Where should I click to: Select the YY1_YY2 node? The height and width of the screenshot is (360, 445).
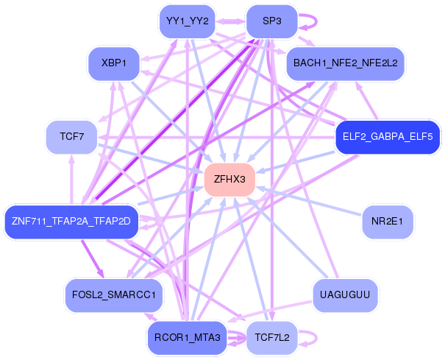coord(188,21)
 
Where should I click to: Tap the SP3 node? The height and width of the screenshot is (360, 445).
coord(271,21)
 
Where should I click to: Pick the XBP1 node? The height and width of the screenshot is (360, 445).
coord(115,63)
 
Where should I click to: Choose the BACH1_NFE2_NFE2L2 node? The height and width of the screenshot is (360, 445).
coord(345,63)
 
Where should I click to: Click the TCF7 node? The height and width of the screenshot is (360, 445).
coord(71,137)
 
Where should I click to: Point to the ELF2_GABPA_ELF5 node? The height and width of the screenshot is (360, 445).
coord(387,137)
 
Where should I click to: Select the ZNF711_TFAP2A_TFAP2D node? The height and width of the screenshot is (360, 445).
coord(71,222)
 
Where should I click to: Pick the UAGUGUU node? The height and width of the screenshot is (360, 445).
coord(345,295)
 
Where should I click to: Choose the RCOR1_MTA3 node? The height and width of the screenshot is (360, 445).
coord(187,338)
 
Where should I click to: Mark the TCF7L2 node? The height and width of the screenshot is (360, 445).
coord(271,338)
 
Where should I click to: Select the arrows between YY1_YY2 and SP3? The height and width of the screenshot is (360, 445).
coord(229,21)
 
